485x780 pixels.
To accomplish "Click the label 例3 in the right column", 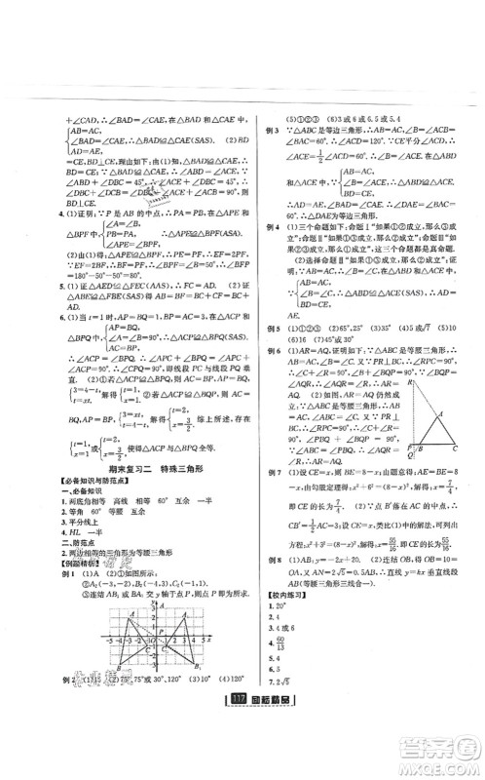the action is coord(272,130).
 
